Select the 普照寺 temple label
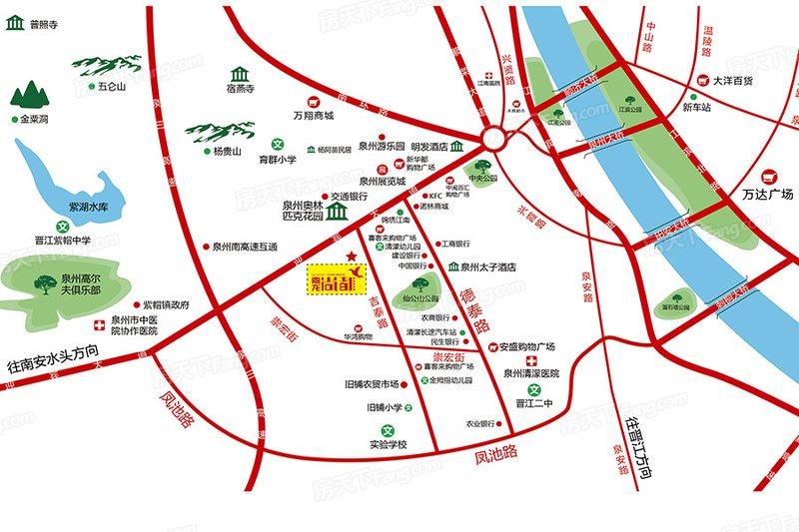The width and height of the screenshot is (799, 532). pyautogui.click(x=45, y=24)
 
